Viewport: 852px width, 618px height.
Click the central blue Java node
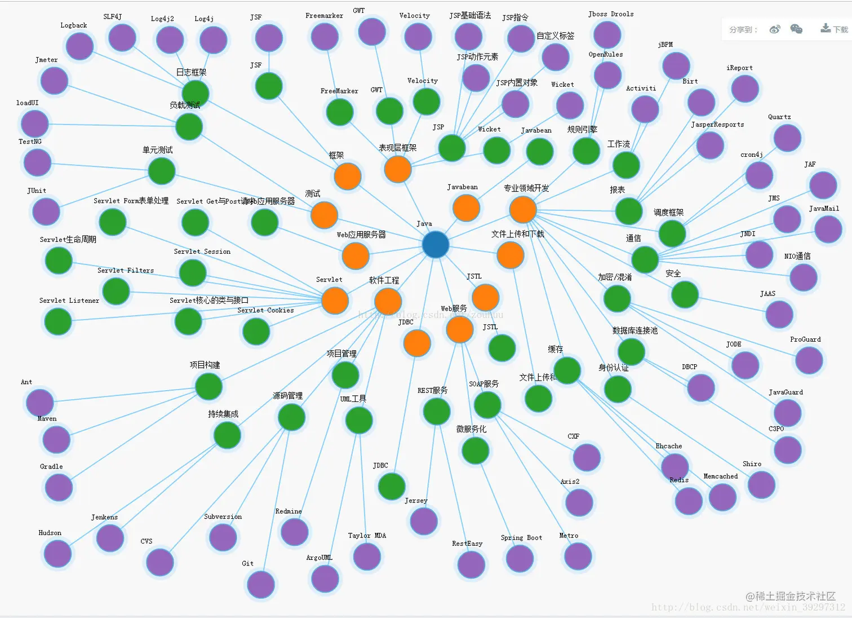(435, 245)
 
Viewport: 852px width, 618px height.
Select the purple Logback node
(79, 46)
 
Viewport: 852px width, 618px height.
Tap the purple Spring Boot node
(520, 558)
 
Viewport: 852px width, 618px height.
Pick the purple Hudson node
(57, 553)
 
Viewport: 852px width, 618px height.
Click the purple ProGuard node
(809, 360)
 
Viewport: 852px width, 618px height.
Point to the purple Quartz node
(787, 138)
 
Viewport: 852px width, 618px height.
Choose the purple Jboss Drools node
(607, 34)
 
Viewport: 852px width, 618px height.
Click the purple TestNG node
(37, 162)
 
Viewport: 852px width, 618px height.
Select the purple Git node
(260, 584)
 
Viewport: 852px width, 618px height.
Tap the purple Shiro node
(761, 485)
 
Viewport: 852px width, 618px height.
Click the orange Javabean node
(466, 208)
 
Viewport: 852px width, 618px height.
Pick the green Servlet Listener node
(57, 321)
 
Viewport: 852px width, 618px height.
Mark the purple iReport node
(744, 89)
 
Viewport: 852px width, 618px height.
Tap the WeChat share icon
(796, 29)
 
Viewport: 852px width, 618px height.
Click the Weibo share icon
(775, 29)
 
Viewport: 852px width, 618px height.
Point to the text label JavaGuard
(786, 392)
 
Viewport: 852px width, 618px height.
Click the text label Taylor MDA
(367, 536)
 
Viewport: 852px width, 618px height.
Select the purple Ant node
(39, 403)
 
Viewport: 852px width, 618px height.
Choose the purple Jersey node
(424, 521)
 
